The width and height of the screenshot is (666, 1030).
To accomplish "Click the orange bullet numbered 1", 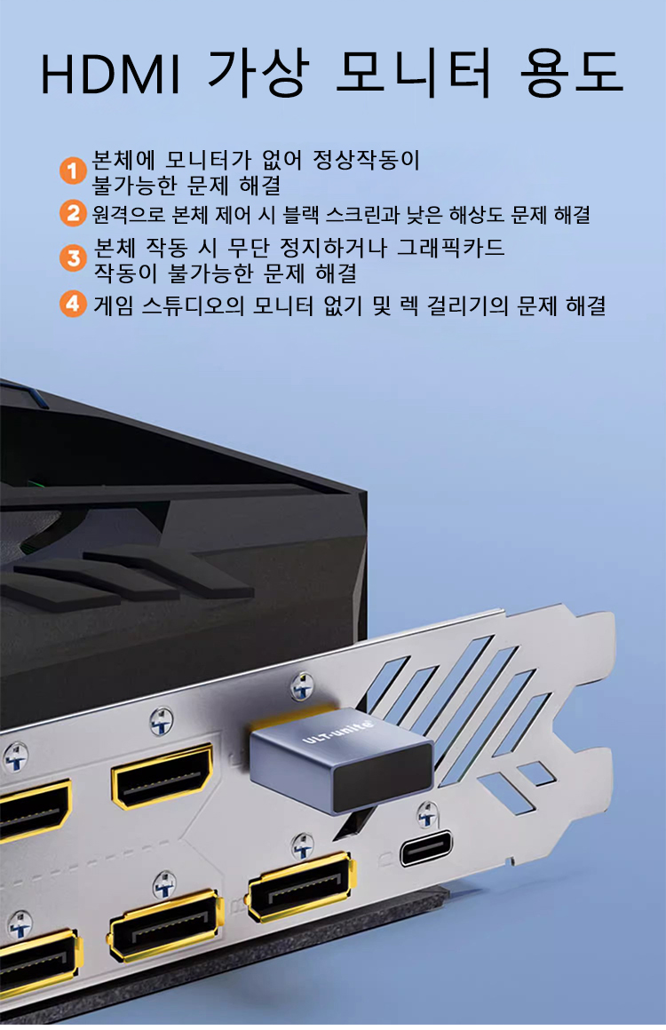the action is pyautogui.click(x=72, y=170).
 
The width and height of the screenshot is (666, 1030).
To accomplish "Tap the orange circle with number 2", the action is pyautogui.click(x=72, y=213).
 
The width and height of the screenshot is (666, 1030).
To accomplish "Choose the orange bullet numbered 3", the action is pyautogui.click(x=72, y=257).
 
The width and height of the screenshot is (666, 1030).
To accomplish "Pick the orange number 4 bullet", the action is pyautogui.click(x=72, y=304).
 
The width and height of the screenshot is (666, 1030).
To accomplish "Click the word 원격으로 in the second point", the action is pyautogui.click(x=129, y=214).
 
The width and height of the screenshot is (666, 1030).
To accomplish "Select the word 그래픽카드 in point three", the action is pyautogui.click(x=450, y=248).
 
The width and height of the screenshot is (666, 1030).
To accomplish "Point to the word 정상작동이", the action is pyautogui.click(x=366, y=160).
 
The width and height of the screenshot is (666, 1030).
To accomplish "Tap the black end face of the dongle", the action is pyautogui.click(x=383, y=779).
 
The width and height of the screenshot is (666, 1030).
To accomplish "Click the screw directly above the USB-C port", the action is pyautogui.click(x=427, y=814).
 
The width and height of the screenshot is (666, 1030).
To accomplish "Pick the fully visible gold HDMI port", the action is pyautogui.click(x=163, y=777).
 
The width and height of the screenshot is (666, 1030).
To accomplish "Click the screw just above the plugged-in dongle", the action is pyautogui.click(x=301, y=685).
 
